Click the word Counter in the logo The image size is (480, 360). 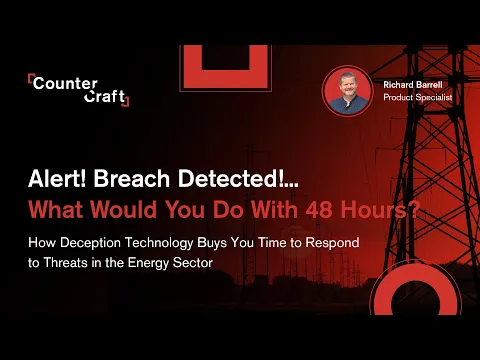[65, 83]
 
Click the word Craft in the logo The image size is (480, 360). [104, 96]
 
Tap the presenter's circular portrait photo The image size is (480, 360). [348, 91]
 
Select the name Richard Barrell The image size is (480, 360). [413, 85]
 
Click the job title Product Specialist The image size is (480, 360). [418, 97]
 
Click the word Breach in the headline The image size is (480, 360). [132, 179]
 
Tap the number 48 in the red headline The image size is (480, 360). [319, 209]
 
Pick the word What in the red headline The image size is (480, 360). [56, 209]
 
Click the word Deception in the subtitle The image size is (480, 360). [90, 242]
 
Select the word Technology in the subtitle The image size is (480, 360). [159, 243]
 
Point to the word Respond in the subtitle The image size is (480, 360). [332, 242]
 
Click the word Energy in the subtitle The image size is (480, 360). [148, 263]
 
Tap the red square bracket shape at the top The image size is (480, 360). [193, 80]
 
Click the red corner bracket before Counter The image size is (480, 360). [30, 80]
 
